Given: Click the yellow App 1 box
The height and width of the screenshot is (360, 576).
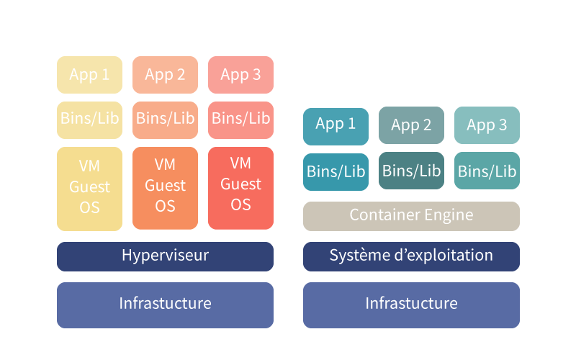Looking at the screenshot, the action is [x=89, y=75].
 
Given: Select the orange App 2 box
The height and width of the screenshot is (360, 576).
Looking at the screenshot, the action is [x=166, y=75].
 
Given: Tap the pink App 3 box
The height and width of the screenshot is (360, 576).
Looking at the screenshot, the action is [x=241, y=75].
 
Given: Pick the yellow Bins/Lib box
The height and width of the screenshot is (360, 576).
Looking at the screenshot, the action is [x=89, y=120].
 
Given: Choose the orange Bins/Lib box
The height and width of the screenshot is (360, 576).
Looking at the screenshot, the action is [x=166, y=120].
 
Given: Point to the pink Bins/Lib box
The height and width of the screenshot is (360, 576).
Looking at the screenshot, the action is [x=241, y=120].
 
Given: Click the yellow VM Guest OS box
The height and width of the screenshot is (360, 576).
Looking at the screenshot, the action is [x=89, y=189].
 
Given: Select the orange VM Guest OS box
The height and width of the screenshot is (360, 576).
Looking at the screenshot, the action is [x=166, y=188].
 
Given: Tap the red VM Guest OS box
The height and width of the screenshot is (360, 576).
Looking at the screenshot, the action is [x=241, y=188].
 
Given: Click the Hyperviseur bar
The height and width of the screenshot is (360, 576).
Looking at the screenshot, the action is [x=166, y=256].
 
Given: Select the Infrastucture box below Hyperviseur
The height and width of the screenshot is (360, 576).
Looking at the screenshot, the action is [x=166, y=305].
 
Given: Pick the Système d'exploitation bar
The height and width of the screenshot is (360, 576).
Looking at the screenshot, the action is [x=411, y=256].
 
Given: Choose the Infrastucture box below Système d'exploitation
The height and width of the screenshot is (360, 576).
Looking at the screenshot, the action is [x=411, y=305].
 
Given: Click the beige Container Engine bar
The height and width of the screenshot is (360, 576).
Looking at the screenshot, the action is [x=411, y=216].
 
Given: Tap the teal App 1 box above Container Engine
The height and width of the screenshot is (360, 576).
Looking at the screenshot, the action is [x=336, y=127].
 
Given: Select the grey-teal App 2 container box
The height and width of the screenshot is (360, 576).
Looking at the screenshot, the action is [x=411, y=125].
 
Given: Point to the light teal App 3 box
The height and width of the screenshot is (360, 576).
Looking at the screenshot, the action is [x=487, y=125].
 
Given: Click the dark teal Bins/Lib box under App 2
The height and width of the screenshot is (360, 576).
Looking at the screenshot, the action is [x=411, y=171].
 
